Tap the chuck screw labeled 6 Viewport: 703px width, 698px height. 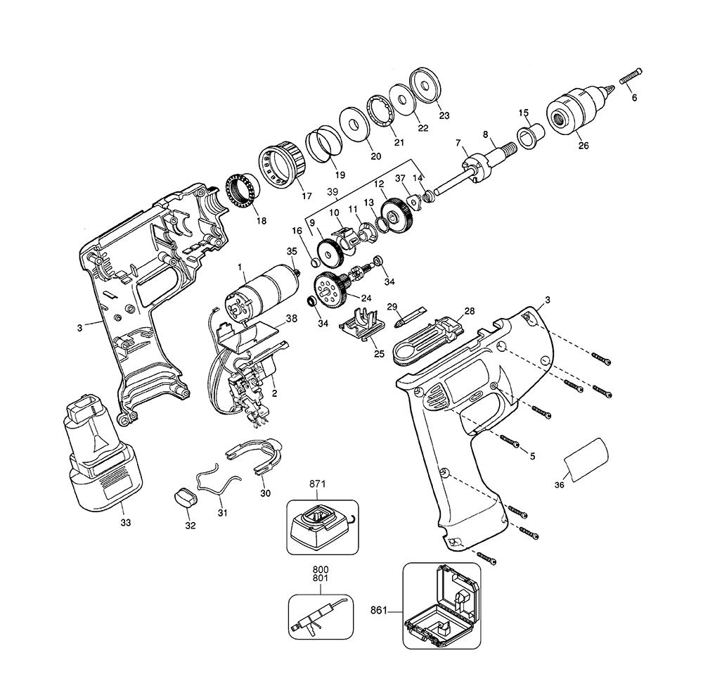tap(632, 77)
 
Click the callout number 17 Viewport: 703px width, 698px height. tap(307, 196)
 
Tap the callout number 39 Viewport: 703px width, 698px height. tap(333, 191)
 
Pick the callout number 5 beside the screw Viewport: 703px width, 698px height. tap(532, 456)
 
